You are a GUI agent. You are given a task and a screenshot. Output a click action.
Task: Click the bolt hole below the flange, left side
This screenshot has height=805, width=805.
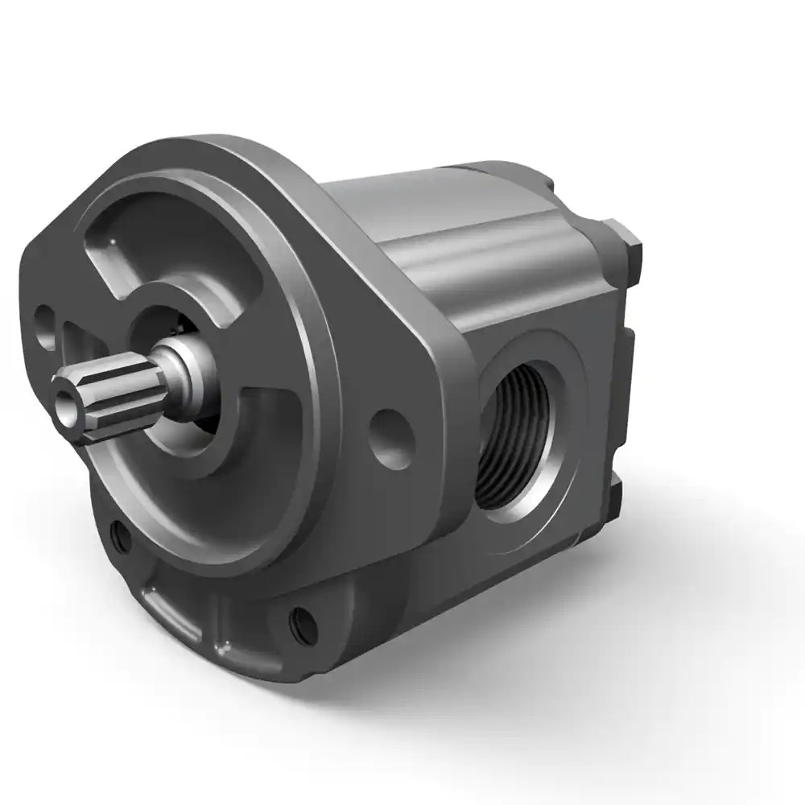pos(120,535)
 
